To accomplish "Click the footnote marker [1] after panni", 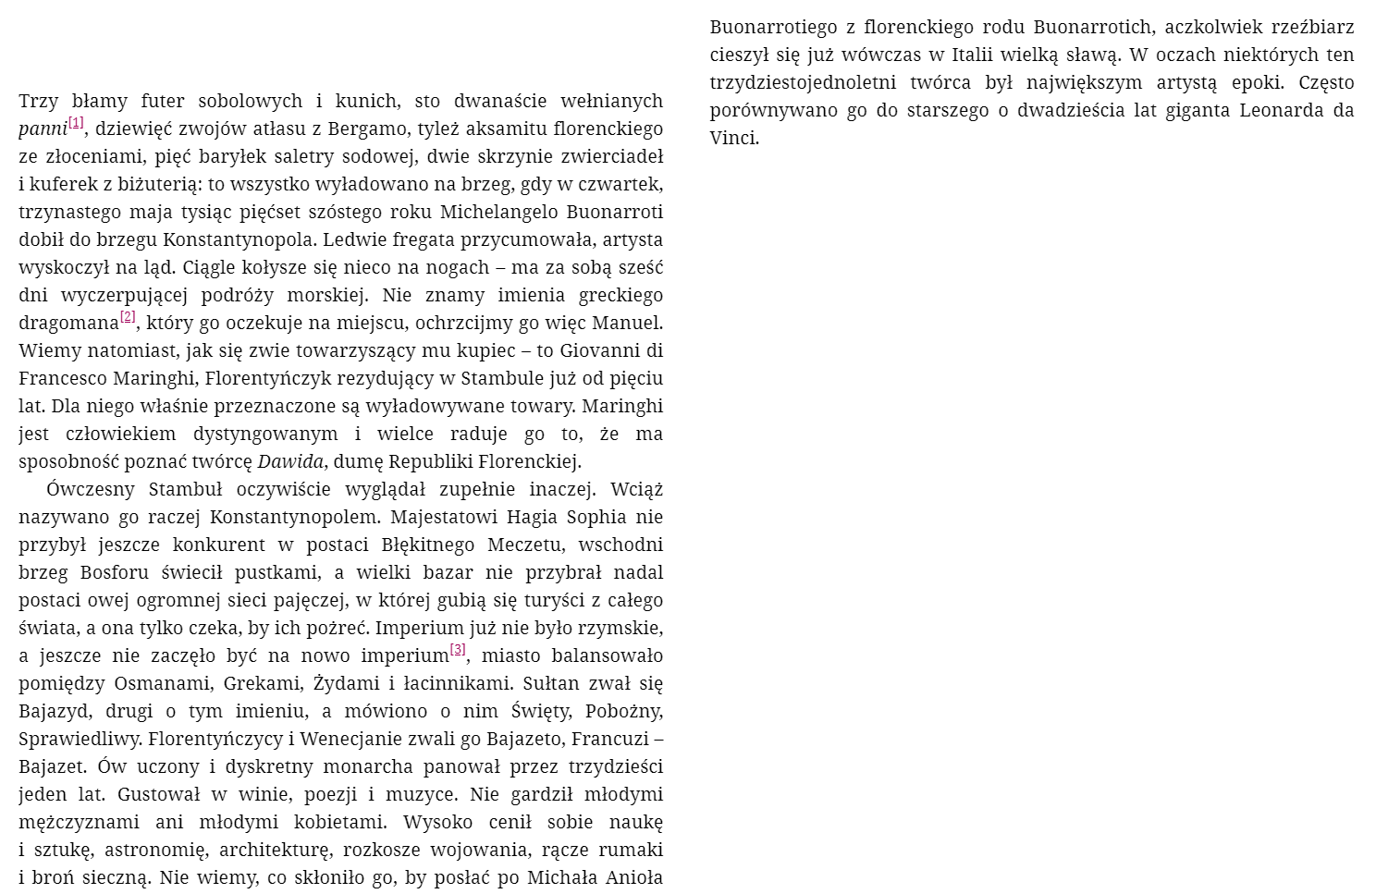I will tap(76, 123).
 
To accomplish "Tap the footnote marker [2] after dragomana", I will tap(128, 317).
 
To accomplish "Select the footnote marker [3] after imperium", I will tap(458, 650).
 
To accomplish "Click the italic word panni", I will tap(43, 129).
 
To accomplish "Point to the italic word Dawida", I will tap(290, 461).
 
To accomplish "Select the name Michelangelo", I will tap(498, 212).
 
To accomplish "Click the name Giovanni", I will tap(599, 350).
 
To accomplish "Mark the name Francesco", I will tap(62, 378).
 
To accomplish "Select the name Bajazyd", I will tap(55, 711).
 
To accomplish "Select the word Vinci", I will tap(734, 138).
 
